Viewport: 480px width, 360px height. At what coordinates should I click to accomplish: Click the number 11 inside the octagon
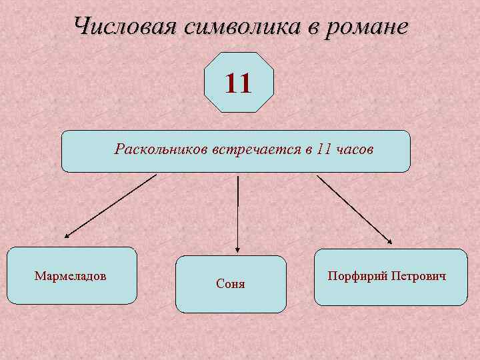coord(238,84)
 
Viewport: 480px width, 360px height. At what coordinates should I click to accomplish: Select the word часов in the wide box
coord(355,149)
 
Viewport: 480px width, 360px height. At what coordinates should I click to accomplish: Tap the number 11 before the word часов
coord(325,149)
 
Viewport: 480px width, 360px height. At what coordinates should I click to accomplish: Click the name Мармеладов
coord(70,275)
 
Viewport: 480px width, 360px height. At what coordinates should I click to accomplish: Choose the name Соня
coord(231,284)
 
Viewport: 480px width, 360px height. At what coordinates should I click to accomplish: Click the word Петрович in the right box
coord(417,276)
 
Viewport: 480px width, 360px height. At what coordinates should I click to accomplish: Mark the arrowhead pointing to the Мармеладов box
coord(67,236)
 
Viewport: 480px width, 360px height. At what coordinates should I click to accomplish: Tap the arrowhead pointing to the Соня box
coord(238,248)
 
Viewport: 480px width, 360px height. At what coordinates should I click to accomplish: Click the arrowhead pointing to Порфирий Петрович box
coord(390,242)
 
